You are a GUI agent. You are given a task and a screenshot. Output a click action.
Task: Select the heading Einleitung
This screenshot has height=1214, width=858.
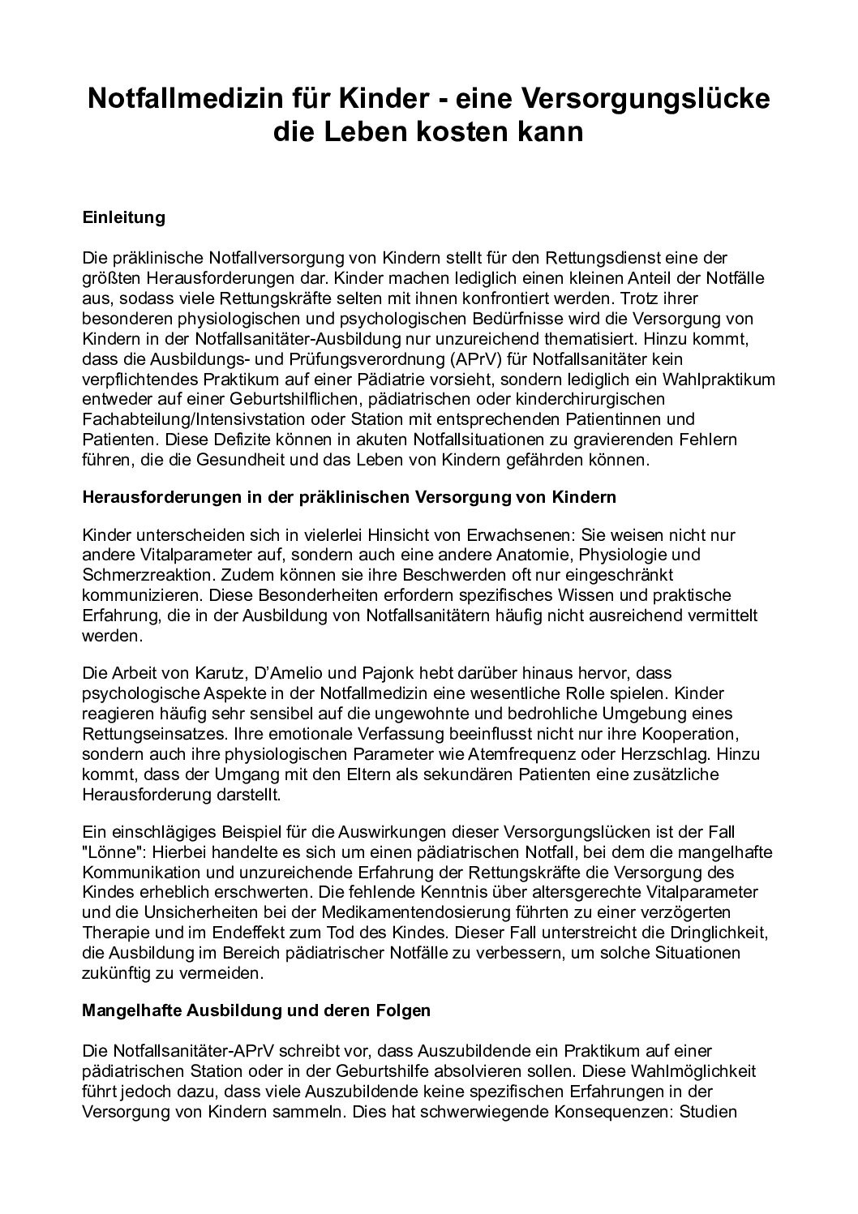pos(124,217)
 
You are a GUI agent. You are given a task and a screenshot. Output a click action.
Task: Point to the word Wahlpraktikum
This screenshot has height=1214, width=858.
pos(718,379)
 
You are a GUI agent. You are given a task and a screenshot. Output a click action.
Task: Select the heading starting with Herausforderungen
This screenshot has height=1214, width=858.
pos(350,497)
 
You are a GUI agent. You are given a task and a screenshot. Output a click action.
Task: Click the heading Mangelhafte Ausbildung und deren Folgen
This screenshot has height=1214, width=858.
pos(257,1011)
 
